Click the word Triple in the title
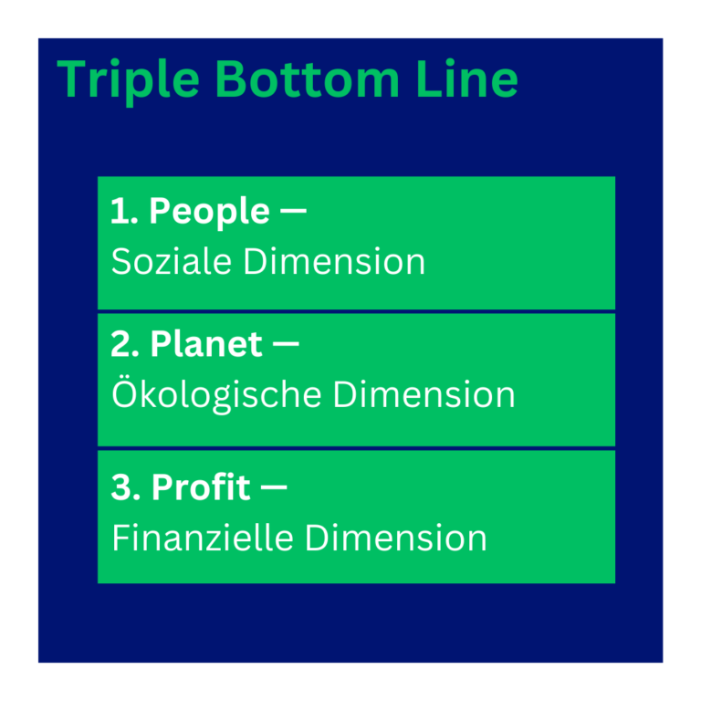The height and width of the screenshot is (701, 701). pos(129,80)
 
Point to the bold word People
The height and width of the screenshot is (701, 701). pos(209,214)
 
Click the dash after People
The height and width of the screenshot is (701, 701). pos(293,213)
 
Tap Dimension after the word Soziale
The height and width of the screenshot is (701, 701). pos(334,262)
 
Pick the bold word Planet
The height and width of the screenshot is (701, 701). pos(206,345)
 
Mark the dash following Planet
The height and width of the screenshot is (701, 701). pos(286,346)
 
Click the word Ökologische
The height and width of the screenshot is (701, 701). pos(216,394)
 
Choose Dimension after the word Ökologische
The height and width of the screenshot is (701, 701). pos(424,395)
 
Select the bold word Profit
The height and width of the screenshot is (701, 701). pos(201,487)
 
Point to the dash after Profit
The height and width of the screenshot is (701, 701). pos(274,488)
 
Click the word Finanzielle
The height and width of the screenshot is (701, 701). pos(203,538)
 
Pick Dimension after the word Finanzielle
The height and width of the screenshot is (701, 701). pos(395,538)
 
